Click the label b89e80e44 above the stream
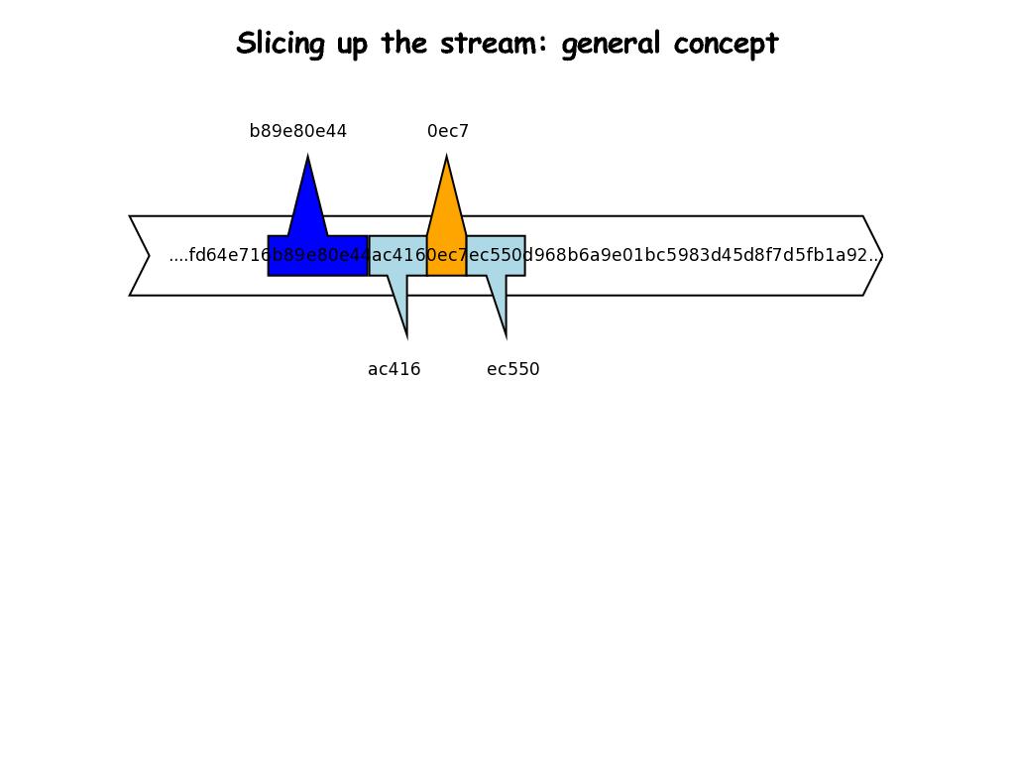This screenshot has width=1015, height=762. [298, 131]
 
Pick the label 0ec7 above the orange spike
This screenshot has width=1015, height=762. [448, 131]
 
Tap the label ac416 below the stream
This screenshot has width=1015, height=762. [395, 369]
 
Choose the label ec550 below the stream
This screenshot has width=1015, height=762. [513, 369]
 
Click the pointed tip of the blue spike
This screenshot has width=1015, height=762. [308, 158]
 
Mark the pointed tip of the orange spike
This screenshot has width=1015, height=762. [447, 158]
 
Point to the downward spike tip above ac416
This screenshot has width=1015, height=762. [406, 334]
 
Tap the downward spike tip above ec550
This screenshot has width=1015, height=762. [506, 334]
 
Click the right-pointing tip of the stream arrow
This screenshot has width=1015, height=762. [881, 256]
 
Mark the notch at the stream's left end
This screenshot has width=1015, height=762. [149, 256]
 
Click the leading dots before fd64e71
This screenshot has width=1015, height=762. [178, 256]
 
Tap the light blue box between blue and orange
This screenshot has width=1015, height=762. [397, 256]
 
